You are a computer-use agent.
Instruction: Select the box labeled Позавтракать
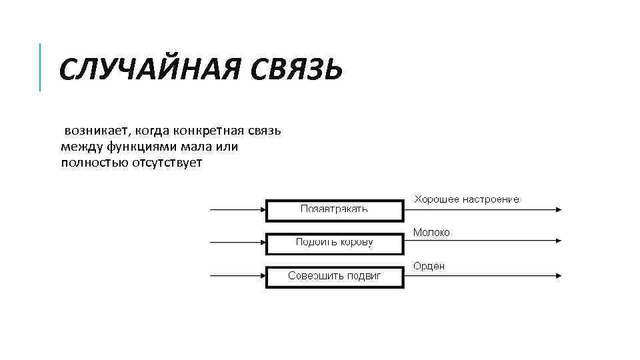(335, 210)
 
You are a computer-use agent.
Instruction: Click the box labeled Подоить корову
(335, 243)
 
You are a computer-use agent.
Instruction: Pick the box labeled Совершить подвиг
(335, 276)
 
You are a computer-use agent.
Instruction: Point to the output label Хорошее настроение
(467, 199)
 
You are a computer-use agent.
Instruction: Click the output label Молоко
(431, 232)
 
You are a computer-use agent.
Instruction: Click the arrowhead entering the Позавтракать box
(262, 210)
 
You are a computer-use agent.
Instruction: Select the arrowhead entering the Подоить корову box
(262, 243)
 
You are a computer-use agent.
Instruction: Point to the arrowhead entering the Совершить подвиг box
(262, 276)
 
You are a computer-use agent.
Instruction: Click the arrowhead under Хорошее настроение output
(557, 210)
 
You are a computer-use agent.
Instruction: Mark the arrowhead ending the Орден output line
(557, 276)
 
